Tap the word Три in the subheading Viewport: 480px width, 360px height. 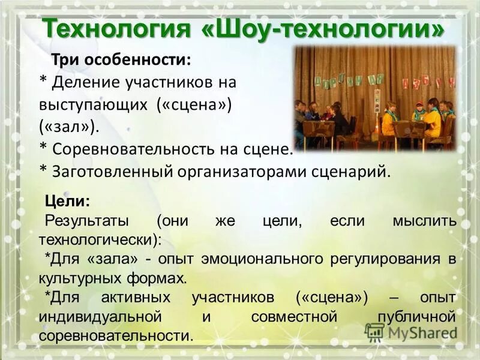click(x=65, y=59)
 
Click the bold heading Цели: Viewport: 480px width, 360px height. click(x=68, y=200)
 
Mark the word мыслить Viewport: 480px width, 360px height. click(x=425, y=220)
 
